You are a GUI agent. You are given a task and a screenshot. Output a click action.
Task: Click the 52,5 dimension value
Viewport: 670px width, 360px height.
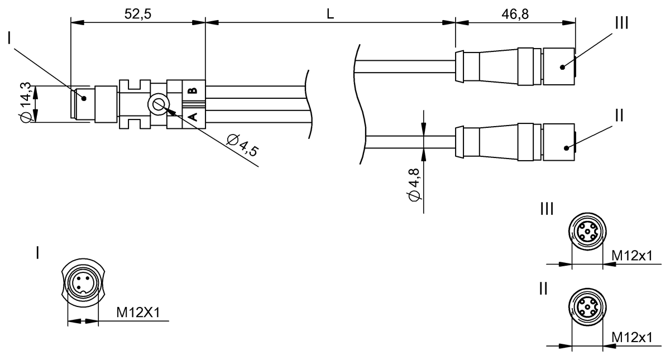click(138, 14)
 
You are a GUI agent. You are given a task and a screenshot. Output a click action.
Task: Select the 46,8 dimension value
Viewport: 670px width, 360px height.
click(515, 14)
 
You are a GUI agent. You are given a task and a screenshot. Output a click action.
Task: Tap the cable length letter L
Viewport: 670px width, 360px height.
click(330, 14)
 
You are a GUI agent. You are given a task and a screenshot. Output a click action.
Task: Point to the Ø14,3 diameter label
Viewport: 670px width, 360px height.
click(25, 103)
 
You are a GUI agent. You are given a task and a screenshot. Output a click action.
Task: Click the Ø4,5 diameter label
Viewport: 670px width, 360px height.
click(242, 145)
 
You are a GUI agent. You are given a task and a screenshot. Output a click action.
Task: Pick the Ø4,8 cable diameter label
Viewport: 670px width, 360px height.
click(414, 185)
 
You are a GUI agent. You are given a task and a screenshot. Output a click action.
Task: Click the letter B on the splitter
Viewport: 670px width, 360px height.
click(194, 90)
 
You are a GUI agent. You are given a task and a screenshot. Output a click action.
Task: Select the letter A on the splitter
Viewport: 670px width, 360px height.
click(194, 117)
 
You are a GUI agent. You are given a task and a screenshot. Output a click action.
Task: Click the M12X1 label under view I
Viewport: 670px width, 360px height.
click(138, 313)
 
